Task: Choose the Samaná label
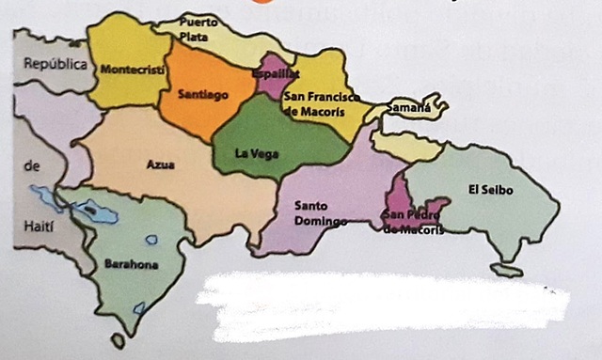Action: click(410, 107)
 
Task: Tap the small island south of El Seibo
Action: click(509, 271)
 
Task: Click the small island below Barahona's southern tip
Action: click(118, 339)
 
